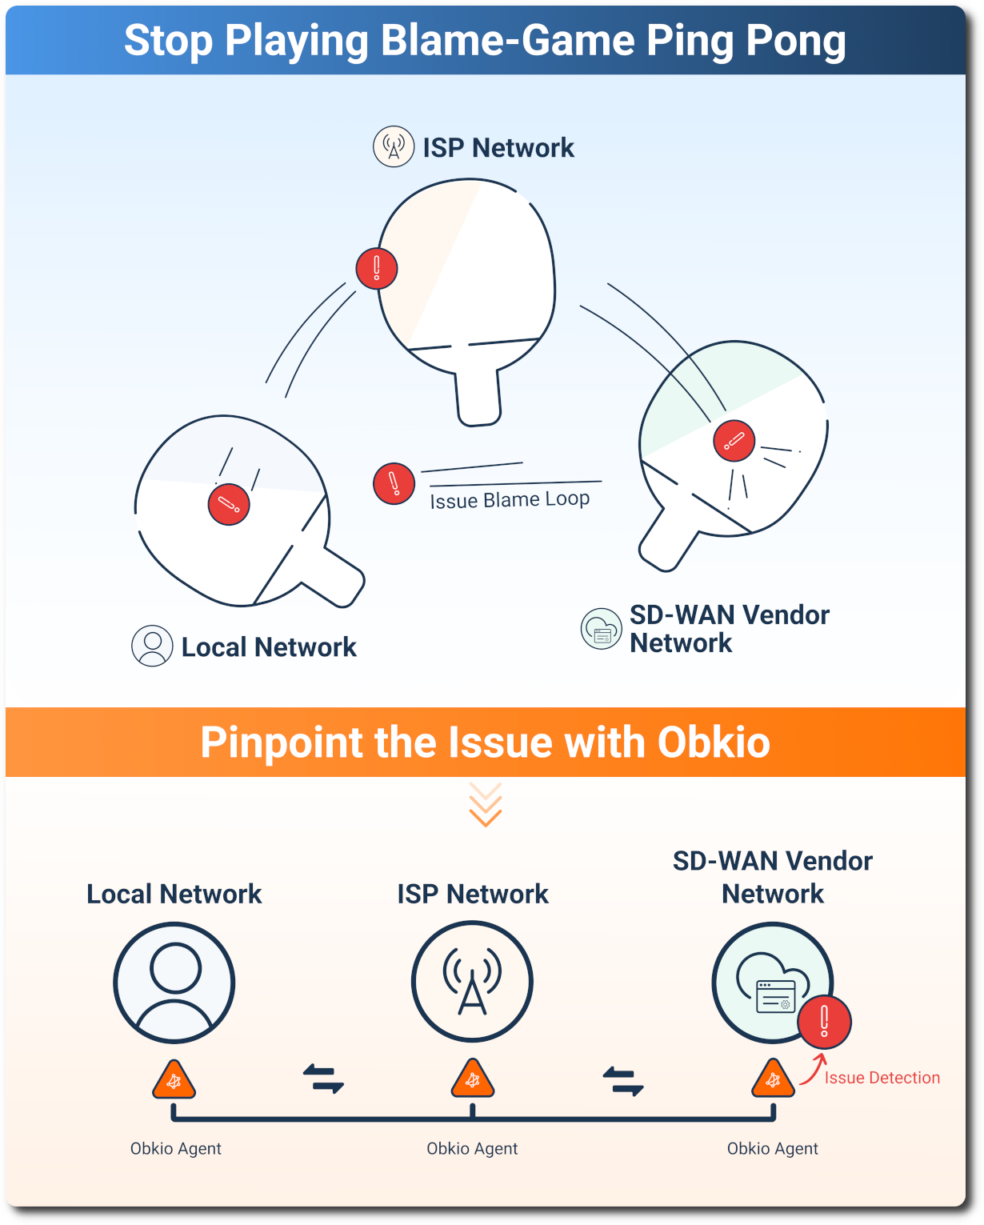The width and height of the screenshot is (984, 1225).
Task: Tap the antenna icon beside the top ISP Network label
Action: (394, 146)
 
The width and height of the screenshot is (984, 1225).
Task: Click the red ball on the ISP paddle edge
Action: (377, 268)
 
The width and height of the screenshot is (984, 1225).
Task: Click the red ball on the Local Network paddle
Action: (229, 505)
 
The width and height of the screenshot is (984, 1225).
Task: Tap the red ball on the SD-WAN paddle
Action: (734, 441)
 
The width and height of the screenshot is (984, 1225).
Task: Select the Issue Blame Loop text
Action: (510, 500)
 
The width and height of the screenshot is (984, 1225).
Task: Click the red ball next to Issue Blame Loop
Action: (394, 483)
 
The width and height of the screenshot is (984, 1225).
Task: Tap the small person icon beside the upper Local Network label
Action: (152, 646)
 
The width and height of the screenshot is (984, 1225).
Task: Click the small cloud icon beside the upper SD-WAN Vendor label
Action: (601, 629)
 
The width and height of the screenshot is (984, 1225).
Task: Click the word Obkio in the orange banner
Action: (714, 743)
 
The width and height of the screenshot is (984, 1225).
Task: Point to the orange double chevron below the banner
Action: (486, 805)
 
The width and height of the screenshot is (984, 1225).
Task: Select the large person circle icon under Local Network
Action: (174, 983)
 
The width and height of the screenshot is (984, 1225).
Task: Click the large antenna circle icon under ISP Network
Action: (472, 982)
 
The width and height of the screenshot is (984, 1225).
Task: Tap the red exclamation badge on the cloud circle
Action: (824, 1022)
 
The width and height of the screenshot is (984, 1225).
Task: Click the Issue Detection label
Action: (882, 1078)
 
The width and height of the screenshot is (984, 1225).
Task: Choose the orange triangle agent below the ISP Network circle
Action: (473, 1080)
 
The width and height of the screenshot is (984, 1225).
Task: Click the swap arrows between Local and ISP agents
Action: (323, 1079)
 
